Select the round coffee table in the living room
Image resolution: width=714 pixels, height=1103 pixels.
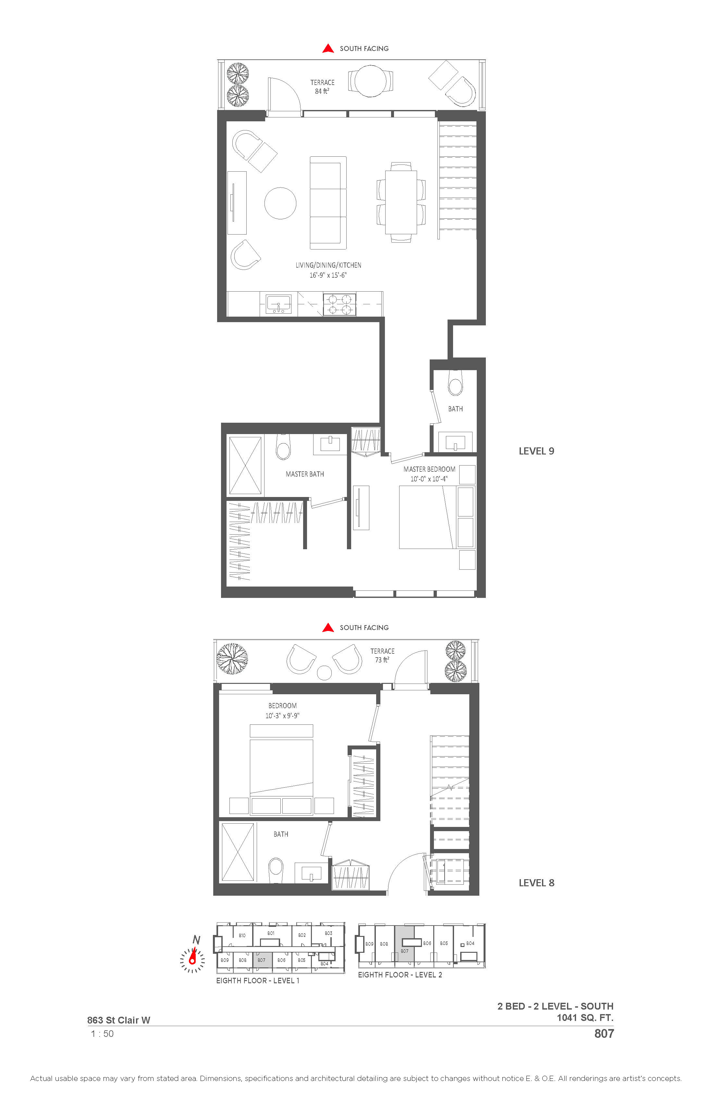click(x=280, y=203)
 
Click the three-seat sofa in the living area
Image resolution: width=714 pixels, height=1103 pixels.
click(x=328, y=203)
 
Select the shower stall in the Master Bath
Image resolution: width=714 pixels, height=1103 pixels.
click(x=245, y=465)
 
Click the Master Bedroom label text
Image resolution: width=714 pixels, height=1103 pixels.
click(x=429, y=469)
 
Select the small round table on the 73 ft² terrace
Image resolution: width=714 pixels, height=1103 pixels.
click(x=324, y=673)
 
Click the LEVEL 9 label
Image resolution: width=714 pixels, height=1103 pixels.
click(x=536, y=451)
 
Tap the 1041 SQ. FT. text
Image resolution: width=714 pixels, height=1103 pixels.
click(x=585, y=1018)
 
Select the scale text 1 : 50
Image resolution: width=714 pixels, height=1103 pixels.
click(x=103, y=1034)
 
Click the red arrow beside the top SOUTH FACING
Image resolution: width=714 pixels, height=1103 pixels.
click(x=328, y=48)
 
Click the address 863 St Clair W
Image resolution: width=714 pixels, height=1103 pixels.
click(x=119, y=1020)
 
